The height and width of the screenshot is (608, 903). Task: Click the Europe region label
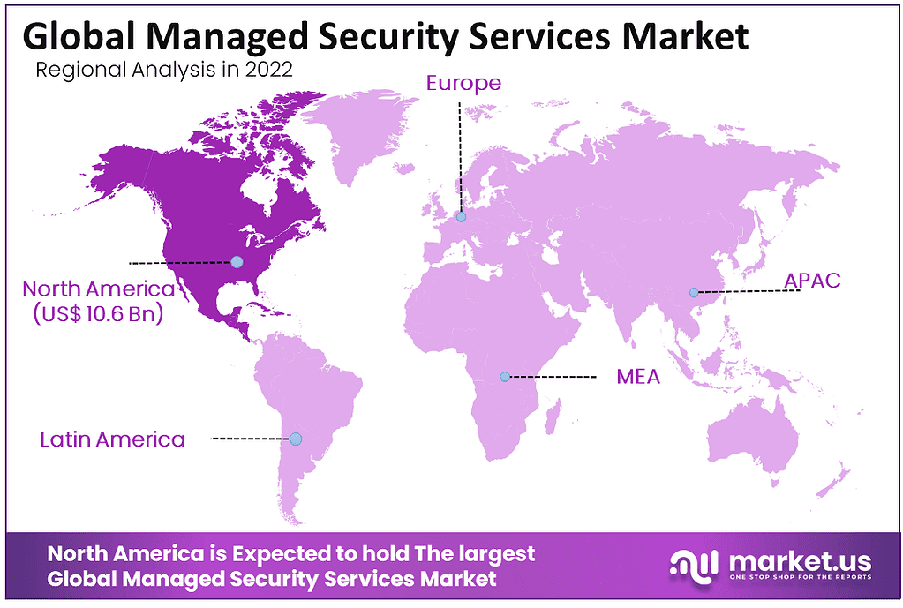click(463, 84)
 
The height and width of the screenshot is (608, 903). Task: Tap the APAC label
click(812, 281)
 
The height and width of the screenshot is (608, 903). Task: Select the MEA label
click(638, 377)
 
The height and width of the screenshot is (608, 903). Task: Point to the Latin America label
click(113, 439)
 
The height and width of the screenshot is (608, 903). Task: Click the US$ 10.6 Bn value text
click(98, 313)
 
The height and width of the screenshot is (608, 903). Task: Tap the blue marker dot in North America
click(237, 262)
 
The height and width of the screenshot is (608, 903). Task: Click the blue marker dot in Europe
click(460, 216)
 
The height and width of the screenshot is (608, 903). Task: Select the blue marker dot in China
click(694, 292)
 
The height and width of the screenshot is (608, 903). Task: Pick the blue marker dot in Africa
click(504, 377)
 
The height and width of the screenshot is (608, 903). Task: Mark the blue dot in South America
click(296, 439)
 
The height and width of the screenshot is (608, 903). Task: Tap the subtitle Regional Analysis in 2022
click(163, 71)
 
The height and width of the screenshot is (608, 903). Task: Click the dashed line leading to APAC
click(746, 290)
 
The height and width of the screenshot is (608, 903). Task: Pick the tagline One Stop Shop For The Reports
click(800, 578)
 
